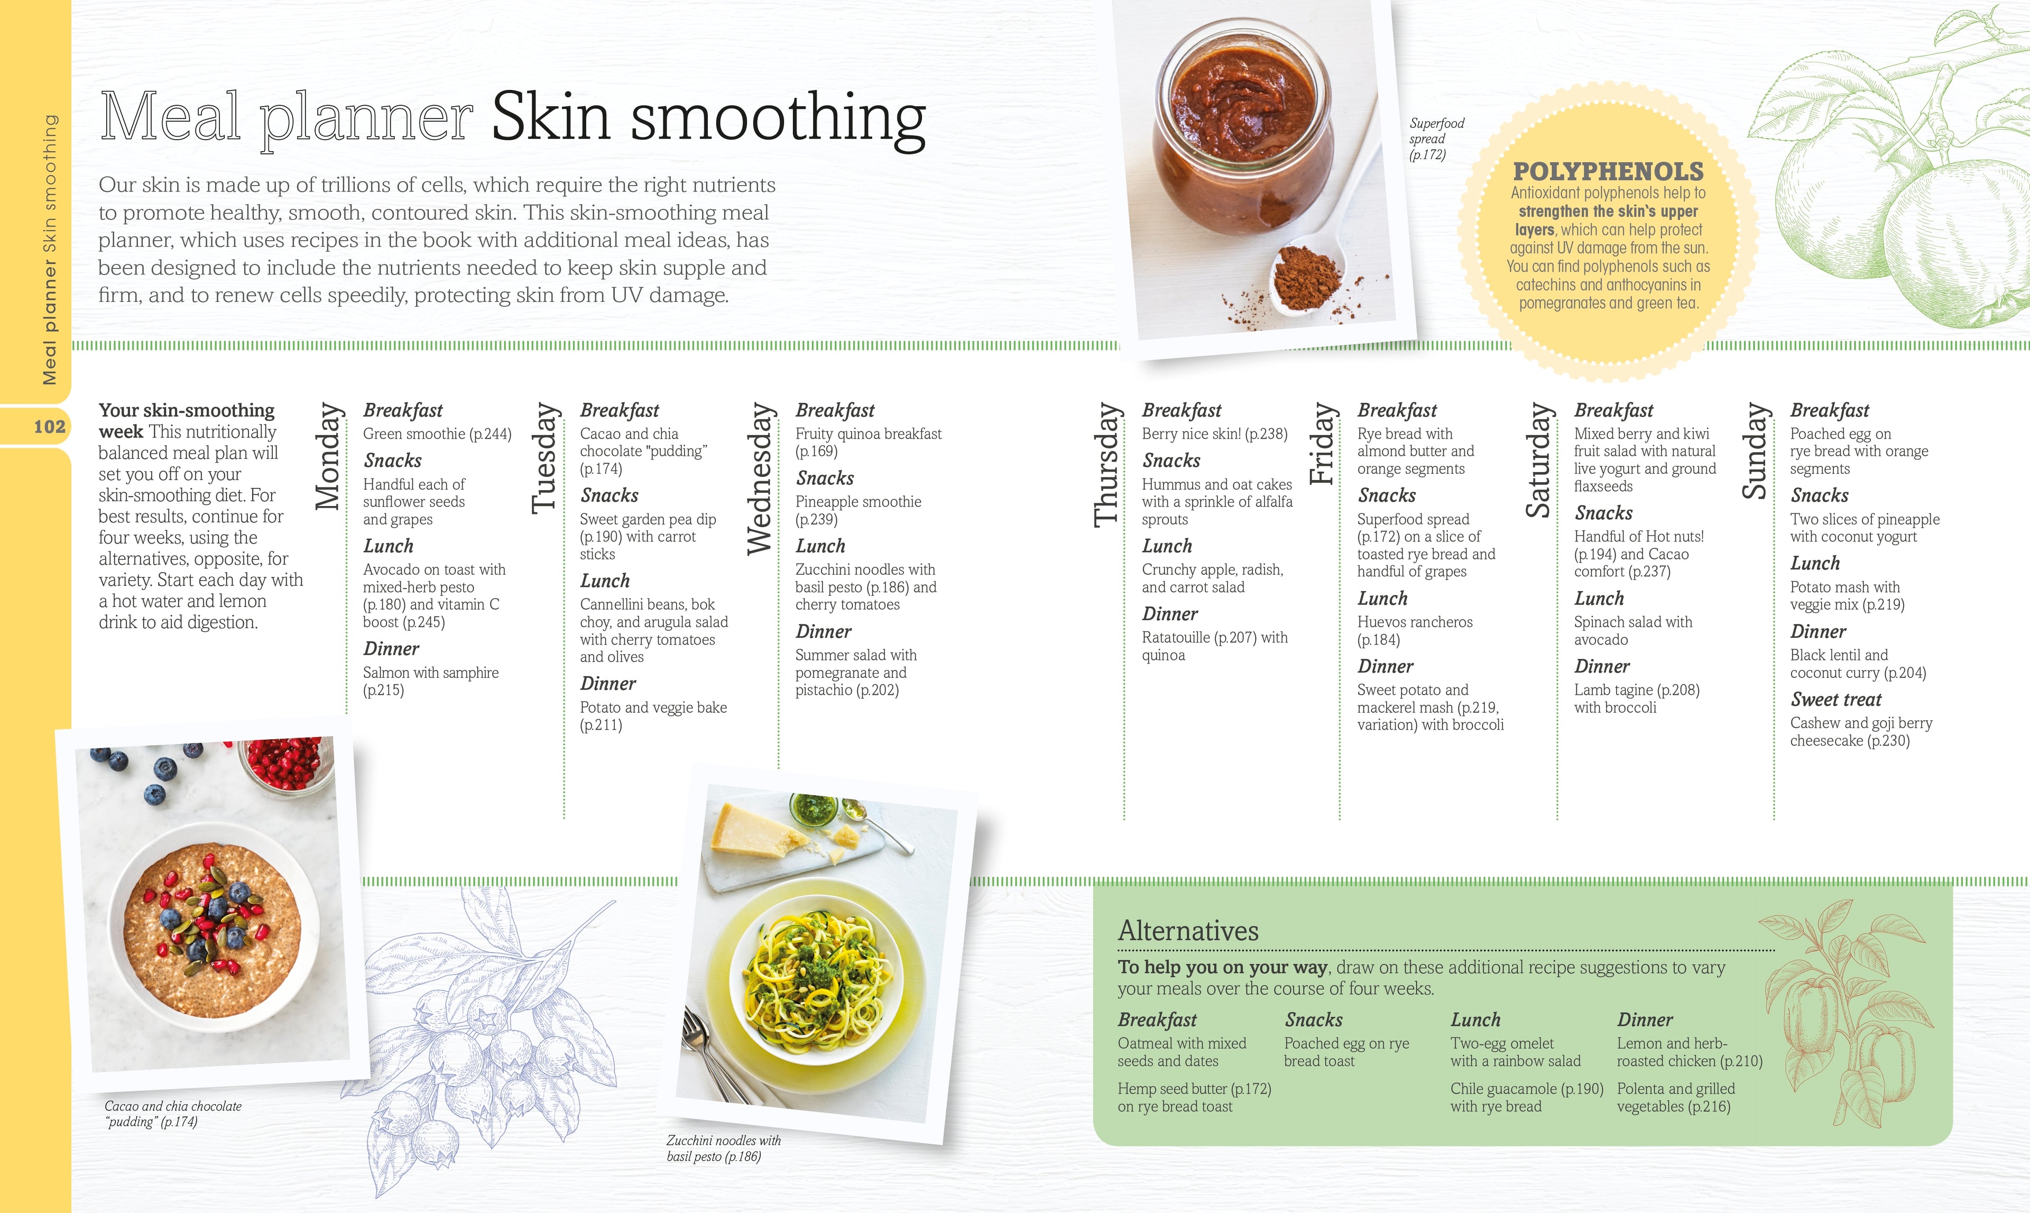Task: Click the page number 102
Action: click(x=49, y=427)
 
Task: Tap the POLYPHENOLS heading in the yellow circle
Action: click(x=1608, y=172)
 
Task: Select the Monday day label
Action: click(x=328, y=457)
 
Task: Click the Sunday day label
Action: click(x=1756, y=451)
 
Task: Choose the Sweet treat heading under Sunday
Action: click(x=1835, y=700)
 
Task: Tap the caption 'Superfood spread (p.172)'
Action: click(x=1436, y=139)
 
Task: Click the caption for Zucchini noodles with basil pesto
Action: click(x=723, y=1148)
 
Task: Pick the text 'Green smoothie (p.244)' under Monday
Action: click(x=437, y=434)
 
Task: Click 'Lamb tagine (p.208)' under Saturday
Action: click(x=1636, y=690)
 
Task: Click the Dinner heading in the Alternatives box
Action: click(x=1644, y=1020)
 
